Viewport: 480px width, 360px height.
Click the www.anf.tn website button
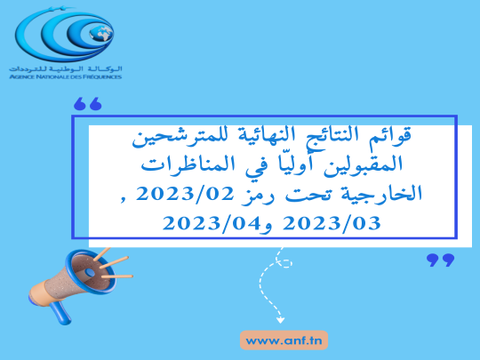(x=284, y=340)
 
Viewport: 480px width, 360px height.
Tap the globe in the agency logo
(x=101, y=34)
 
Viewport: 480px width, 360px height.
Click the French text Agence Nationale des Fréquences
(x=66, y=76)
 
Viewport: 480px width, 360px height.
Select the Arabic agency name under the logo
(x=66, y=68)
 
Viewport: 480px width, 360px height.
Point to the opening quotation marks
(x=87, y=104)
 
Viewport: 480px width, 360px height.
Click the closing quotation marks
(x=441, y=260)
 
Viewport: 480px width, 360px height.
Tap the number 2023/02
(x=185, y=194)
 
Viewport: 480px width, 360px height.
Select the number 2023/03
(x=332, y=223)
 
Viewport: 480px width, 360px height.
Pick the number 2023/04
(x=212, y=223)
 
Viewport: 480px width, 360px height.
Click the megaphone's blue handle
(x=61, y=312)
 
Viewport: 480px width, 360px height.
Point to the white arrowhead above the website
(x=280, y=320)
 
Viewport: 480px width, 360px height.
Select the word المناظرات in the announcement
(x=188, y=164)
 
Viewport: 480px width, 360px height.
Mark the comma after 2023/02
(x=123, y=200)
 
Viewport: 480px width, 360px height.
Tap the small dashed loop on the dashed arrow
(x=284, y=262)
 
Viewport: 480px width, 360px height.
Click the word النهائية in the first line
(x=266, y=135)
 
